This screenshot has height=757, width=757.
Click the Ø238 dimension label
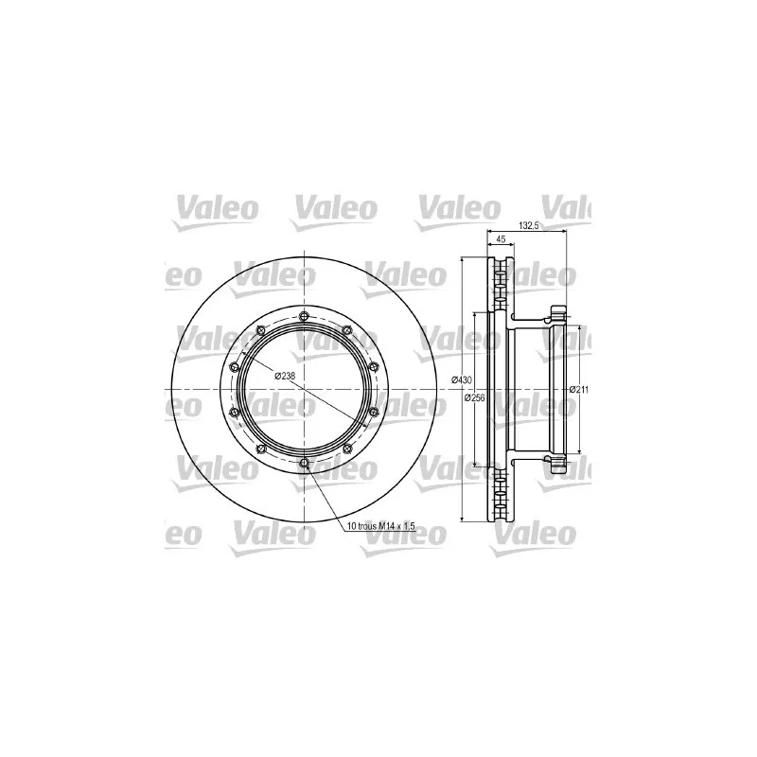coord(285,376)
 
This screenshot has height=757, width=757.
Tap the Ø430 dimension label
coord(462,380)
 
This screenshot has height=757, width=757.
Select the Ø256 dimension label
coord(475,397)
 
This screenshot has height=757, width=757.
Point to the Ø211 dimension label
coord(579,390)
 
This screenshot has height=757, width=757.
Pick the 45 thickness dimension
coord(501,239)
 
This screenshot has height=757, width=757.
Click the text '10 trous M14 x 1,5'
coord(381,526)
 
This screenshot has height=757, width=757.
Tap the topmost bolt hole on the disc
coord(303,316)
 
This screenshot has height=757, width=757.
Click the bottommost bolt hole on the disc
coord(303,464)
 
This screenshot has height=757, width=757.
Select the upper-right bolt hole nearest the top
coord(346,330)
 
